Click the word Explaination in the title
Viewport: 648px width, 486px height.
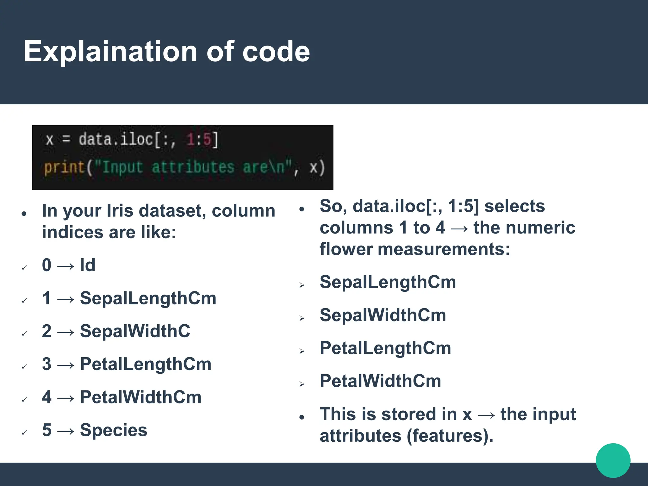(x=110, y=52)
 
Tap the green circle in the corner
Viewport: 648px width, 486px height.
(x=613, y=460)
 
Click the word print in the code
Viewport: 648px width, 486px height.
(x=64, y=167)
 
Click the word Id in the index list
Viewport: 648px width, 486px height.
(x=87, y=265)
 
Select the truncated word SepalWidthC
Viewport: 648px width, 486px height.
(x=135, y=331)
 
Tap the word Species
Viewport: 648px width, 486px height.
(x=114, y=430)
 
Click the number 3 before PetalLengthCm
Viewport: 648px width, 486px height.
(x=47, y=364)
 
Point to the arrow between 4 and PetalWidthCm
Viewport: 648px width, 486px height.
(x=66, y=398)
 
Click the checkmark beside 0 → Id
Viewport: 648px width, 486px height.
(x=24, y=268)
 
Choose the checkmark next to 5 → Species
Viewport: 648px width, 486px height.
(x=24, y=433)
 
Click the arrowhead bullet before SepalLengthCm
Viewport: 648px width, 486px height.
(x=302, y=285)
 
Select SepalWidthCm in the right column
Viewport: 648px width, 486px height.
(x=383, y=315)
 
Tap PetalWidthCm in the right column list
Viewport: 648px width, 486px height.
(x=380, y=381)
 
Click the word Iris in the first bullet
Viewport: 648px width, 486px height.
(x=120, y=211)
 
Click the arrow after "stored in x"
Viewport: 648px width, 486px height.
(x=486, y=415)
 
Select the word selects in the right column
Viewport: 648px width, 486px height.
(x=514, y=206)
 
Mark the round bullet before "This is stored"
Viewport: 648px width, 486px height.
(x=302, y=417)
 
